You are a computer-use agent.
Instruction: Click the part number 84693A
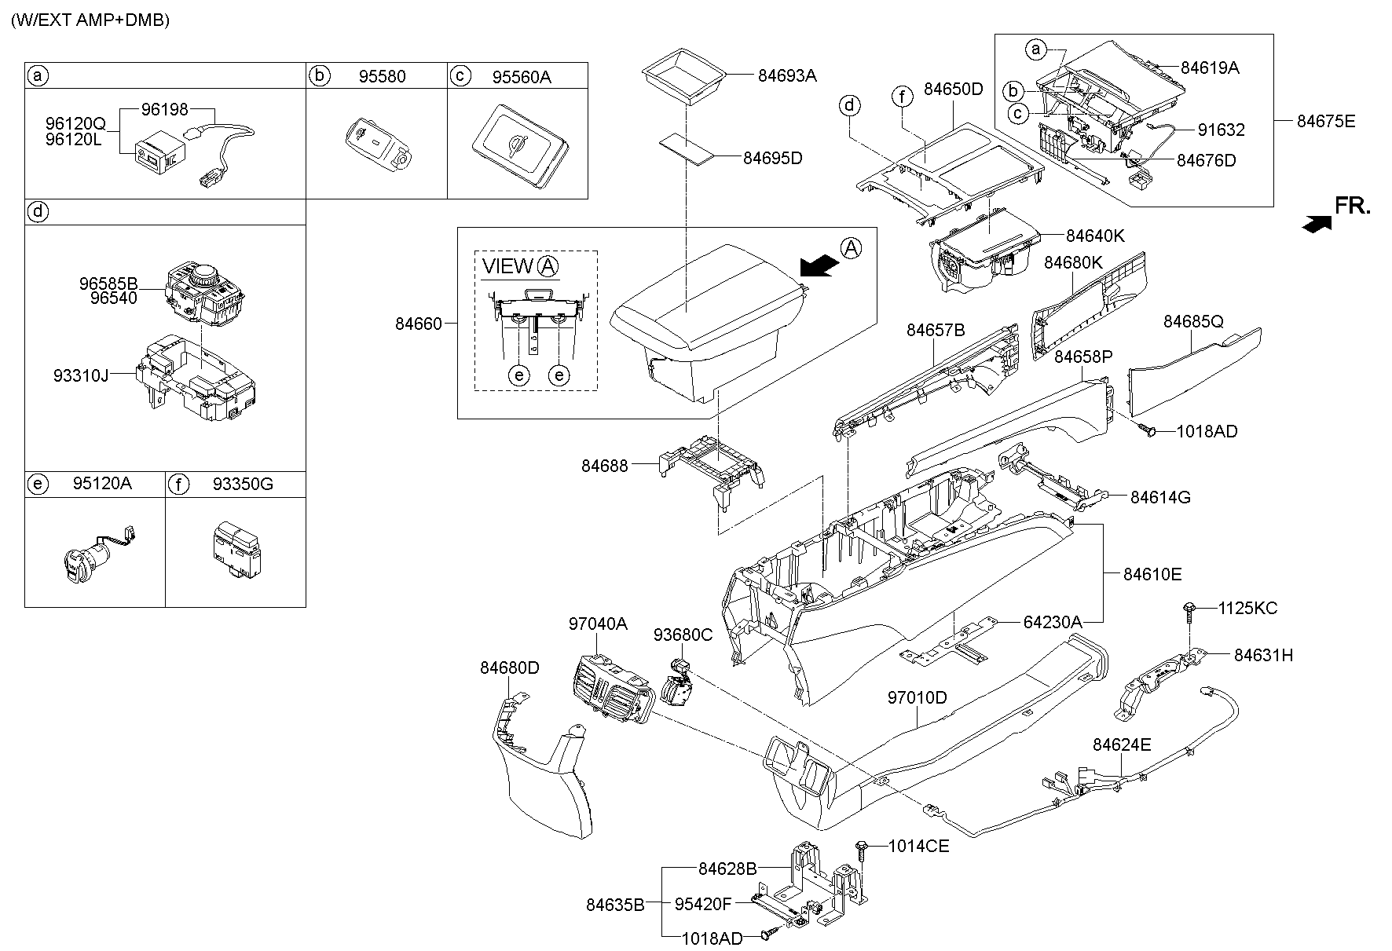click(787, 75)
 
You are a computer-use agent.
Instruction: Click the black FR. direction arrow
click(1316, 224)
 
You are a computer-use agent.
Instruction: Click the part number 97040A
click(598, 624)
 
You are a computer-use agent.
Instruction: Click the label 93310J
click(81, 375)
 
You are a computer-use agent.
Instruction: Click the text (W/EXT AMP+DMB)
click(90, 20)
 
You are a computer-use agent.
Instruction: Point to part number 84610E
click(1152, 574)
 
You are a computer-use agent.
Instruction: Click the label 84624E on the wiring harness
click(1121, 744)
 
